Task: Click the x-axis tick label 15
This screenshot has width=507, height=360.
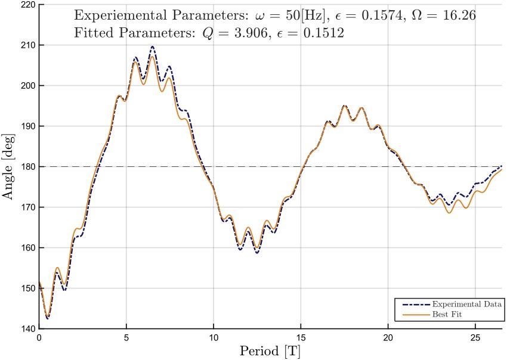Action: pyautogui.click(x=301, y=337)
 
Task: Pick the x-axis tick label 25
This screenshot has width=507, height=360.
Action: pyautogui.click(x=475, y=337)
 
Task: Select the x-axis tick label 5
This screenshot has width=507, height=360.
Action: pyautogui.click(x=126, y=337)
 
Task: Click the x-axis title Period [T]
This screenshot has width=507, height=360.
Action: pyautogui.click(x=270, y=351)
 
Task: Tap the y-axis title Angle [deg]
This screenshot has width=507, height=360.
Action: pyautogui.click(x=10, y=167)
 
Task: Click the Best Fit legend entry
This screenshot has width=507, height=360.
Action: pyautogui.click(x=448, y=314)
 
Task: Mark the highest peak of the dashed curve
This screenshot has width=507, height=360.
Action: pyautogui.click(x=153, y=46)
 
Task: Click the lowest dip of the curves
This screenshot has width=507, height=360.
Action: pyautogui.click(x=47, y=318)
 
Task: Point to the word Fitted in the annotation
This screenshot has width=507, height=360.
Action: pyautogui.click(x=93, y=33)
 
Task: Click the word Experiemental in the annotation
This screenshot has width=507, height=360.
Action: pyautogui.click(x=118, y=15)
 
